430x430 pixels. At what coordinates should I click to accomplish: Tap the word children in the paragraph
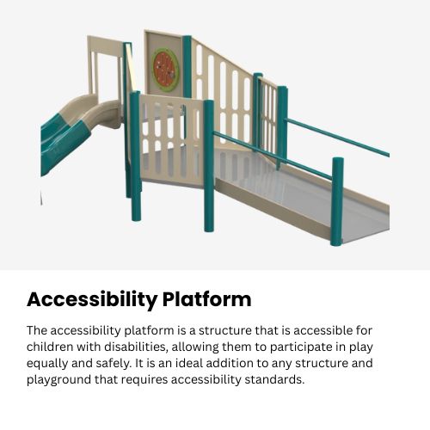click(x=52, y=347)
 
